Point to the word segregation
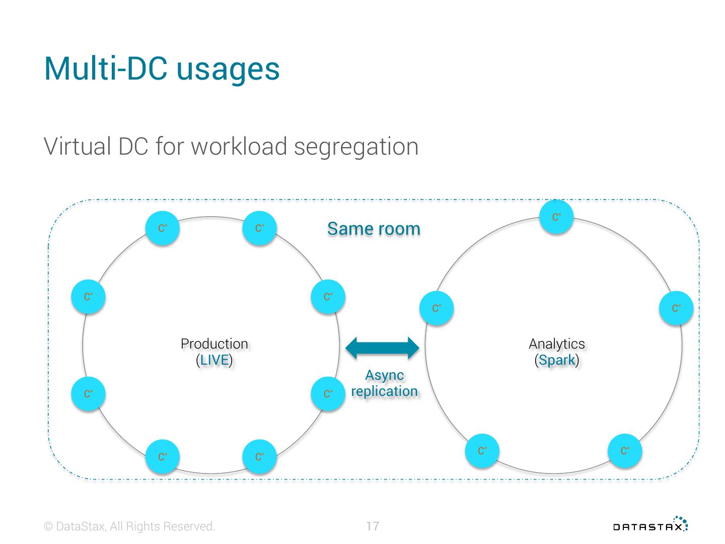click(x=356, y=147)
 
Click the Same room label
click(x=374, y=229)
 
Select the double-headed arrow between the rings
click(x=383, y=348)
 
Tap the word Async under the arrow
click(x=385, y=375)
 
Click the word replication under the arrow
click(x=385, y=391)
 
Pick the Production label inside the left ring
click(x=214, y=344)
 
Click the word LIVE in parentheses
click(x=214, y=360)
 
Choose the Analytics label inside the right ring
click(x=557, y=344)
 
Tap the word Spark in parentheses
click(x=557, y=360)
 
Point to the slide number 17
click(x=373, y=526)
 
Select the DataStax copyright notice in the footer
click(x=130, y=526)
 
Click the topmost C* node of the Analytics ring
click(x=556, y=217)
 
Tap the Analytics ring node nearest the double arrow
click(x=437, y=308)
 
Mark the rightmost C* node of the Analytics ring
click(x=676, y=308)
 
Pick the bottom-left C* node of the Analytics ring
click(x=482, y=450)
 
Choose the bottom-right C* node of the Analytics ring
click(x=625, y=450)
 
